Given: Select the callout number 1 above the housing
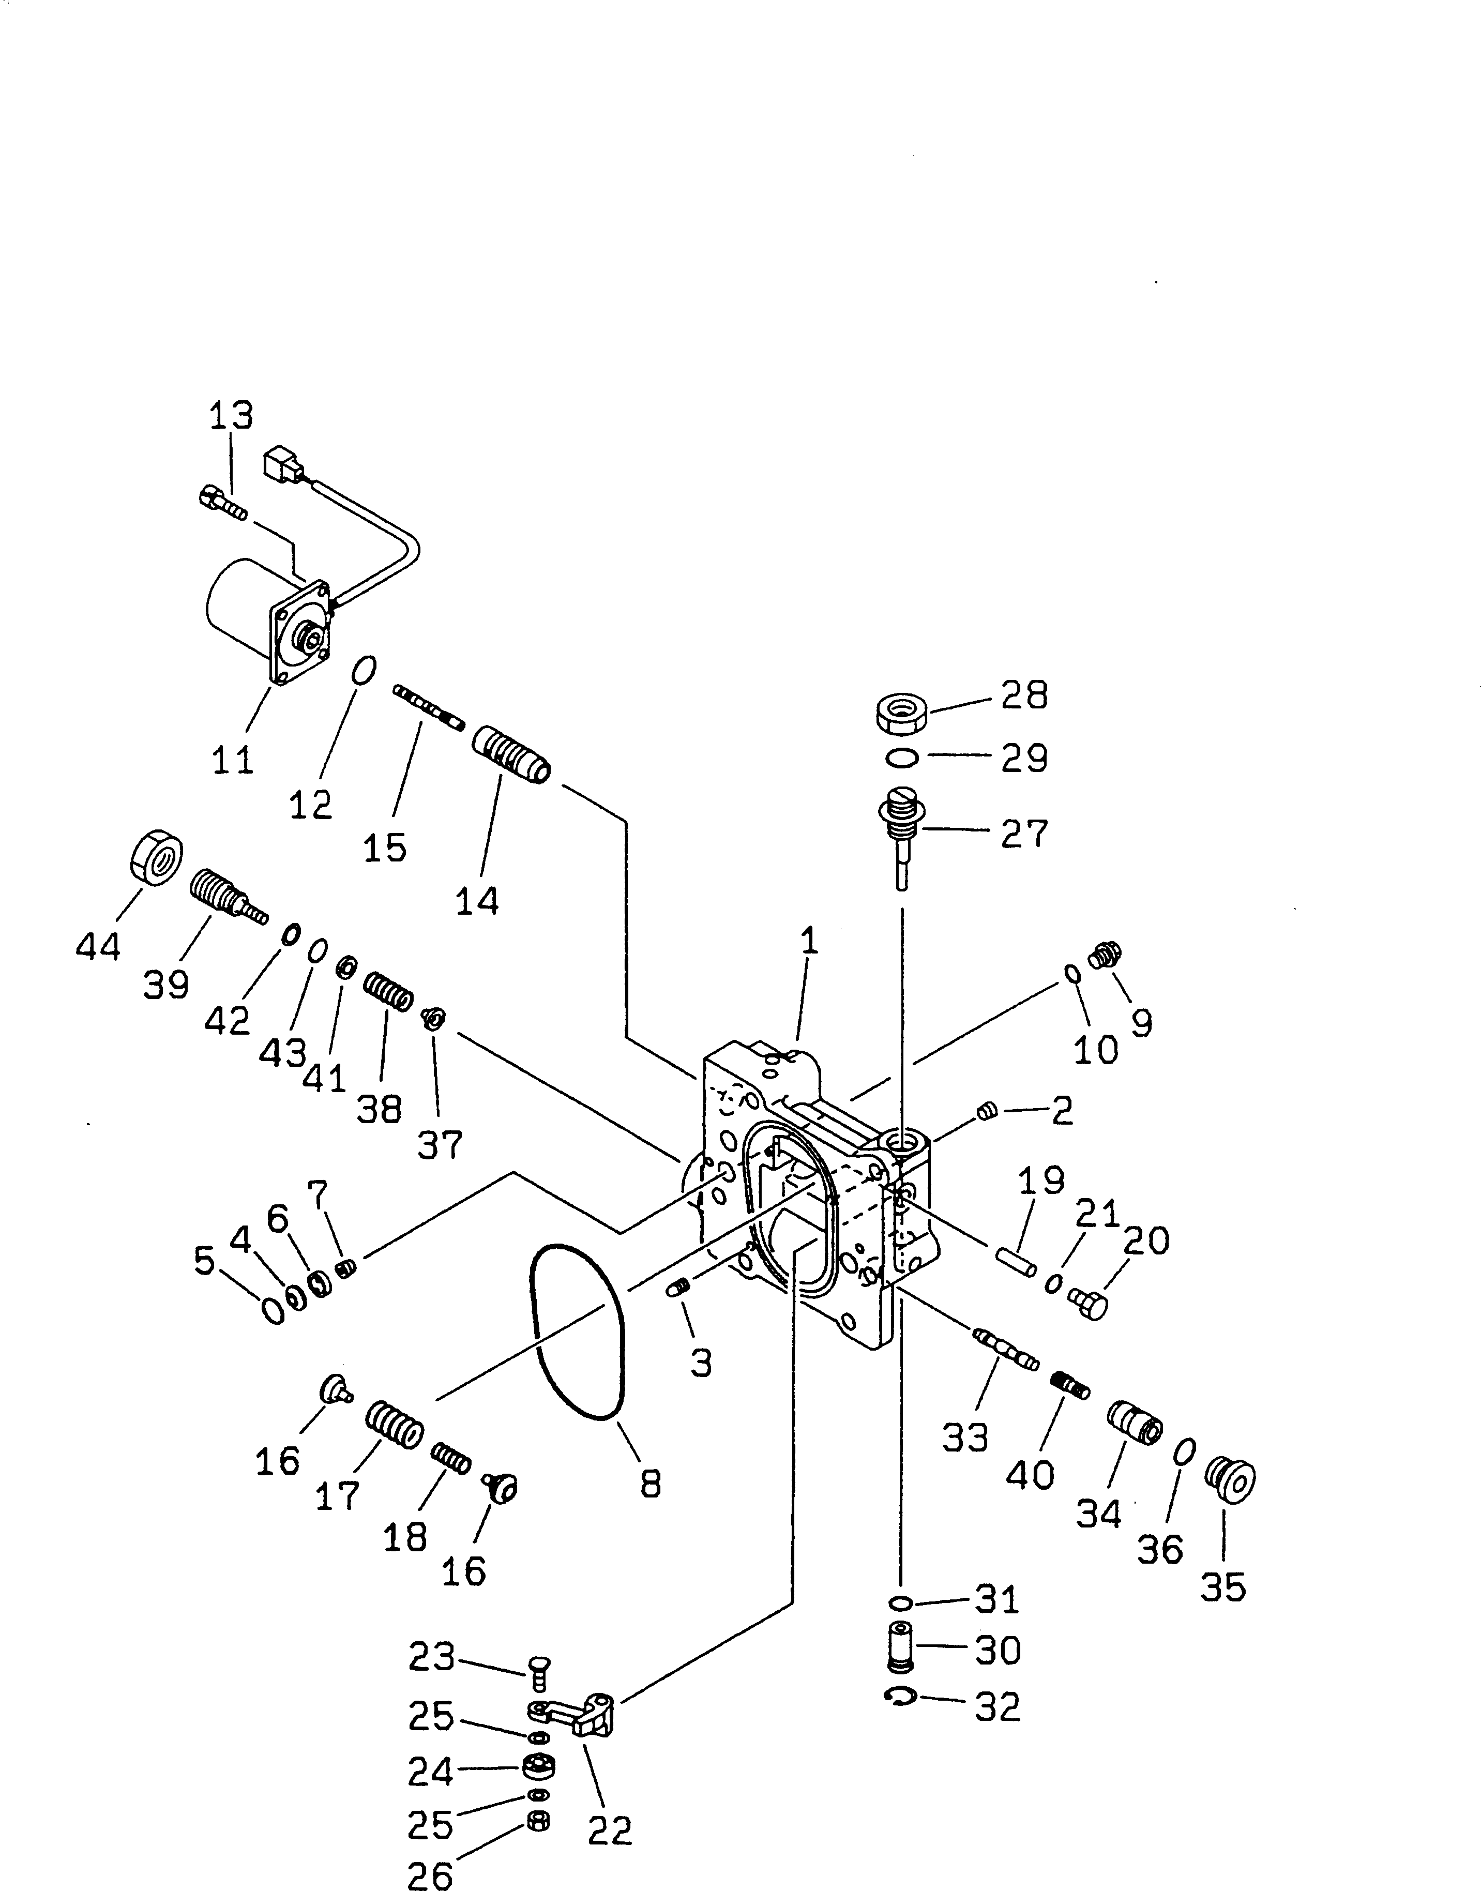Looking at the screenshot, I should pyautogui.click(x=808, y=941).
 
